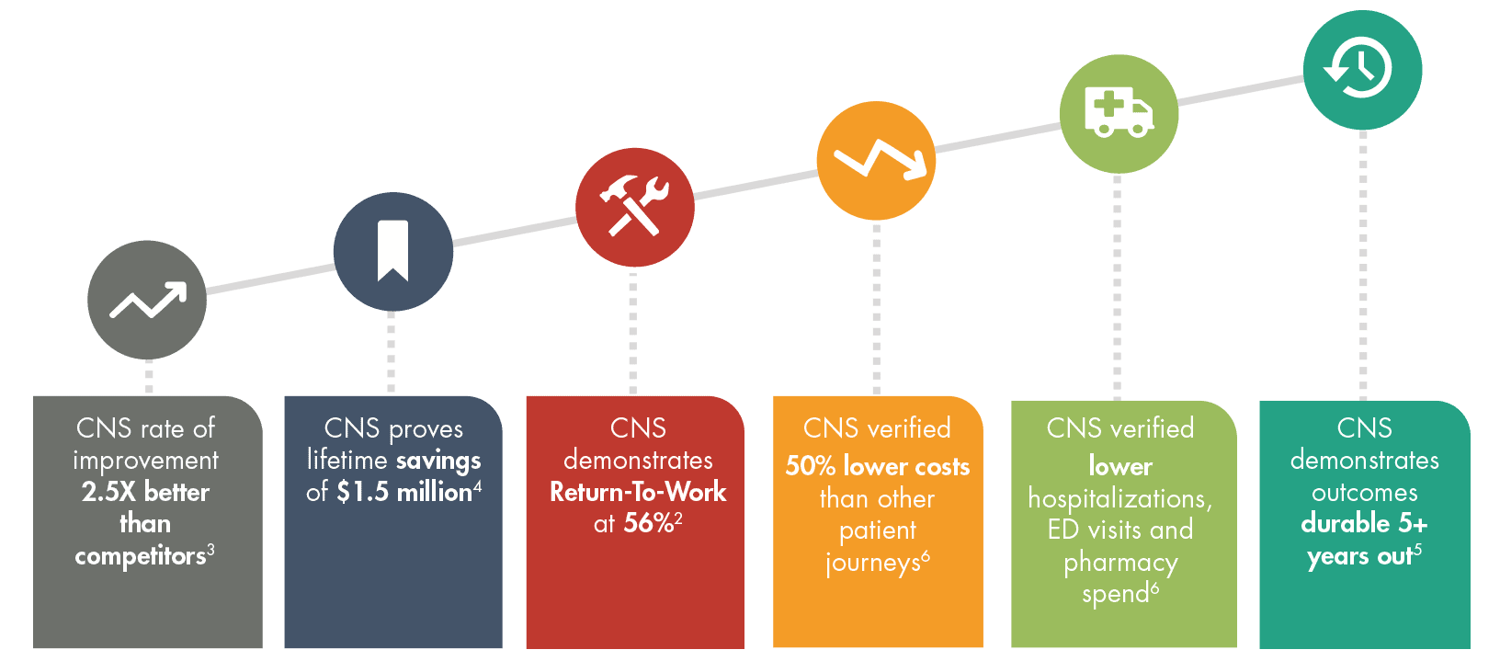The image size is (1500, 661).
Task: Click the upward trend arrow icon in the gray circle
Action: coord(147,301)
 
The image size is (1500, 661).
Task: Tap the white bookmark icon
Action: coord(392,250)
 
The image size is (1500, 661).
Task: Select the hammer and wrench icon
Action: coord(634,206)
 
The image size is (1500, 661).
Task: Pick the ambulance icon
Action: coord(1118,112)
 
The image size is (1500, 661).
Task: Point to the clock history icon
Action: coord(1360,68)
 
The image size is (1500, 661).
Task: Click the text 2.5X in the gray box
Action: coord(108,492)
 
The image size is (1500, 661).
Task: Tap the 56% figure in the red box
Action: coord(649,523)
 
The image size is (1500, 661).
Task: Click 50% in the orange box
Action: coord(810,466)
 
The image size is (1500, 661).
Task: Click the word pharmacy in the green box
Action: coord(1120,562)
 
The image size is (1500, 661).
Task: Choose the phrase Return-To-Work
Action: coord(638,492)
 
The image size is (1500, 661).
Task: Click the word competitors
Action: coord(140,556)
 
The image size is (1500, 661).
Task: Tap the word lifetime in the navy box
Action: coord(347,460)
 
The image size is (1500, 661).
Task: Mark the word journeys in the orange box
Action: coord(872,562)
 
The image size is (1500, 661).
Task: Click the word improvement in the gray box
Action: coord(146,460)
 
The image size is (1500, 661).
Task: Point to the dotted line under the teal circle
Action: coord(1363,267)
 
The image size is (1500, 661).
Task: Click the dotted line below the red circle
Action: coord(633,331)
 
